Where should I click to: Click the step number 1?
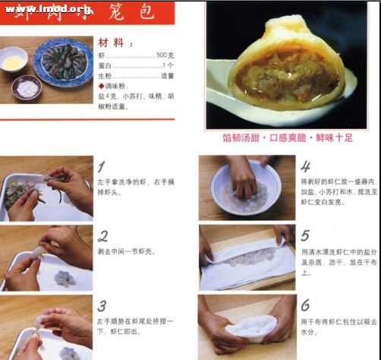click(x=102, y=167)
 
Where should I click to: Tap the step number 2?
click(x=102, y=235)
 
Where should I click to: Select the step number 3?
click(x=102, y=306)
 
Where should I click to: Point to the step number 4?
click(x=305, y=167)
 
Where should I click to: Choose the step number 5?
click(x=305, y=236)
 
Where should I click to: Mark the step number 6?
click(x=305, y=305)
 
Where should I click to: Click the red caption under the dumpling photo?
click(x=288, y=138)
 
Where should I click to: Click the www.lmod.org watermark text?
click(x=48, y=9)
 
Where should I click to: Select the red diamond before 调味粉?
click(x=100, y=86)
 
